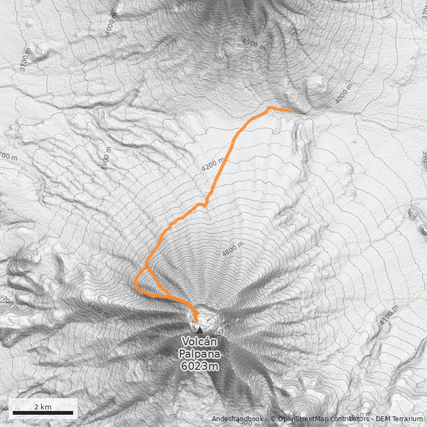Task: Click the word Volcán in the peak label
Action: [200, 342]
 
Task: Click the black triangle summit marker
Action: [200, 330]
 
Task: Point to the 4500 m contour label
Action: [254, 44]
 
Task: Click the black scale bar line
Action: [43, 413]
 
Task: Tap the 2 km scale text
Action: [43, 407]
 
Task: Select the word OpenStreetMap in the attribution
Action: [302, 419]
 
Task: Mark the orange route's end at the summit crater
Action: [196, 320]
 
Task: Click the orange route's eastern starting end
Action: [291, 110]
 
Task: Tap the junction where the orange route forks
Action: [146, 266]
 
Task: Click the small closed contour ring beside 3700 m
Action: [41, 52]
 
